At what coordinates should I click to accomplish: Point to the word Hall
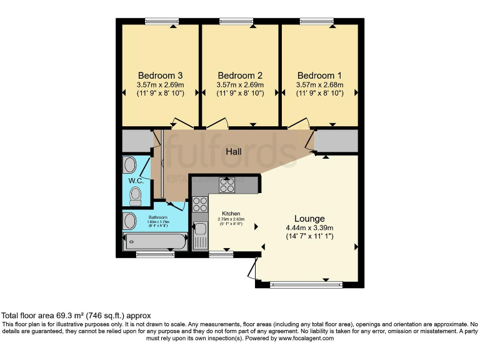tap(234, 152)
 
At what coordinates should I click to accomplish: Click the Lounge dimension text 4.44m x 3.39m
tap(310, 227)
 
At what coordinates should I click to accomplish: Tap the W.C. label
tap(136, 181)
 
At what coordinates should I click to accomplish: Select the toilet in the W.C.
tap(136, 197)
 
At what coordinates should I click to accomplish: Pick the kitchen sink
tap(201, 236)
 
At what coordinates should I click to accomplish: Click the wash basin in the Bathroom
tap(129, 221)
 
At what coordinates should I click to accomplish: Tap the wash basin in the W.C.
tap(129, 165)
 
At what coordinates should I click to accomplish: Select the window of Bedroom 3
tap(161, 22)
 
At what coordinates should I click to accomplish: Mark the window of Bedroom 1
tap(316, 22)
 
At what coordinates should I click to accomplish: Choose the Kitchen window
tap(221, 254)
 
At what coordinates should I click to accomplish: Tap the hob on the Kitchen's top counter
tap(226, 185)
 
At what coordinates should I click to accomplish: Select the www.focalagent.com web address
tap(306, 338)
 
